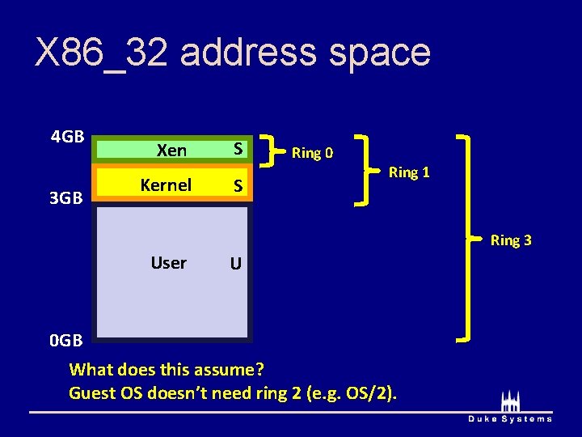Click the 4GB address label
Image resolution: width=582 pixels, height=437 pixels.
pyautogui.click(x=68, y=136)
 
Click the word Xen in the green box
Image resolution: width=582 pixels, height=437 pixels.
pyautogui.click(x=171, y=151)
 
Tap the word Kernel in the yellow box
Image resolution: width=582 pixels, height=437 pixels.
pyautogui.click(x=166, y=185)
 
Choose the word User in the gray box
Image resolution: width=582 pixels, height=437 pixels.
pyautogui.click(x=168, y=263)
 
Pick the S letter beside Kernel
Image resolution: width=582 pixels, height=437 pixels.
pyautogui.click(x=238, y=186)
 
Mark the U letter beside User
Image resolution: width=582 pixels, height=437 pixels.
pyautogui.click(x=235, y=264)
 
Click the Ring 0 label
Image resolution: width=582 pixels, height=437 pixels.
pyautogui.click(x=312, y=153)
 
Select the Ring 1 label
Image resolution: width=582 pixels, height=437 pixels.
pyautogui.click(x=409, y=172)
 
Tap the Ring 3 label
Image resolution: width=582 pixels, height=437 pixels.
pyautogui.click(x=511, y=240)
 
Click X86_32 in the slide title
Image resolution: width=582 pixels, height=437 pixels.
pyautogui.click(x=100, y=53)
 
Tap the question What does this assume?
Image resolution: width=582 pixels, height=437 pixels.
pyautogui.click(x=167, y=370)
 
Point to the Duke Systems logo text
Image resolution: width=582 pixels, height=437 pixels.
pyautogui.click(x=510, y=418)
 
